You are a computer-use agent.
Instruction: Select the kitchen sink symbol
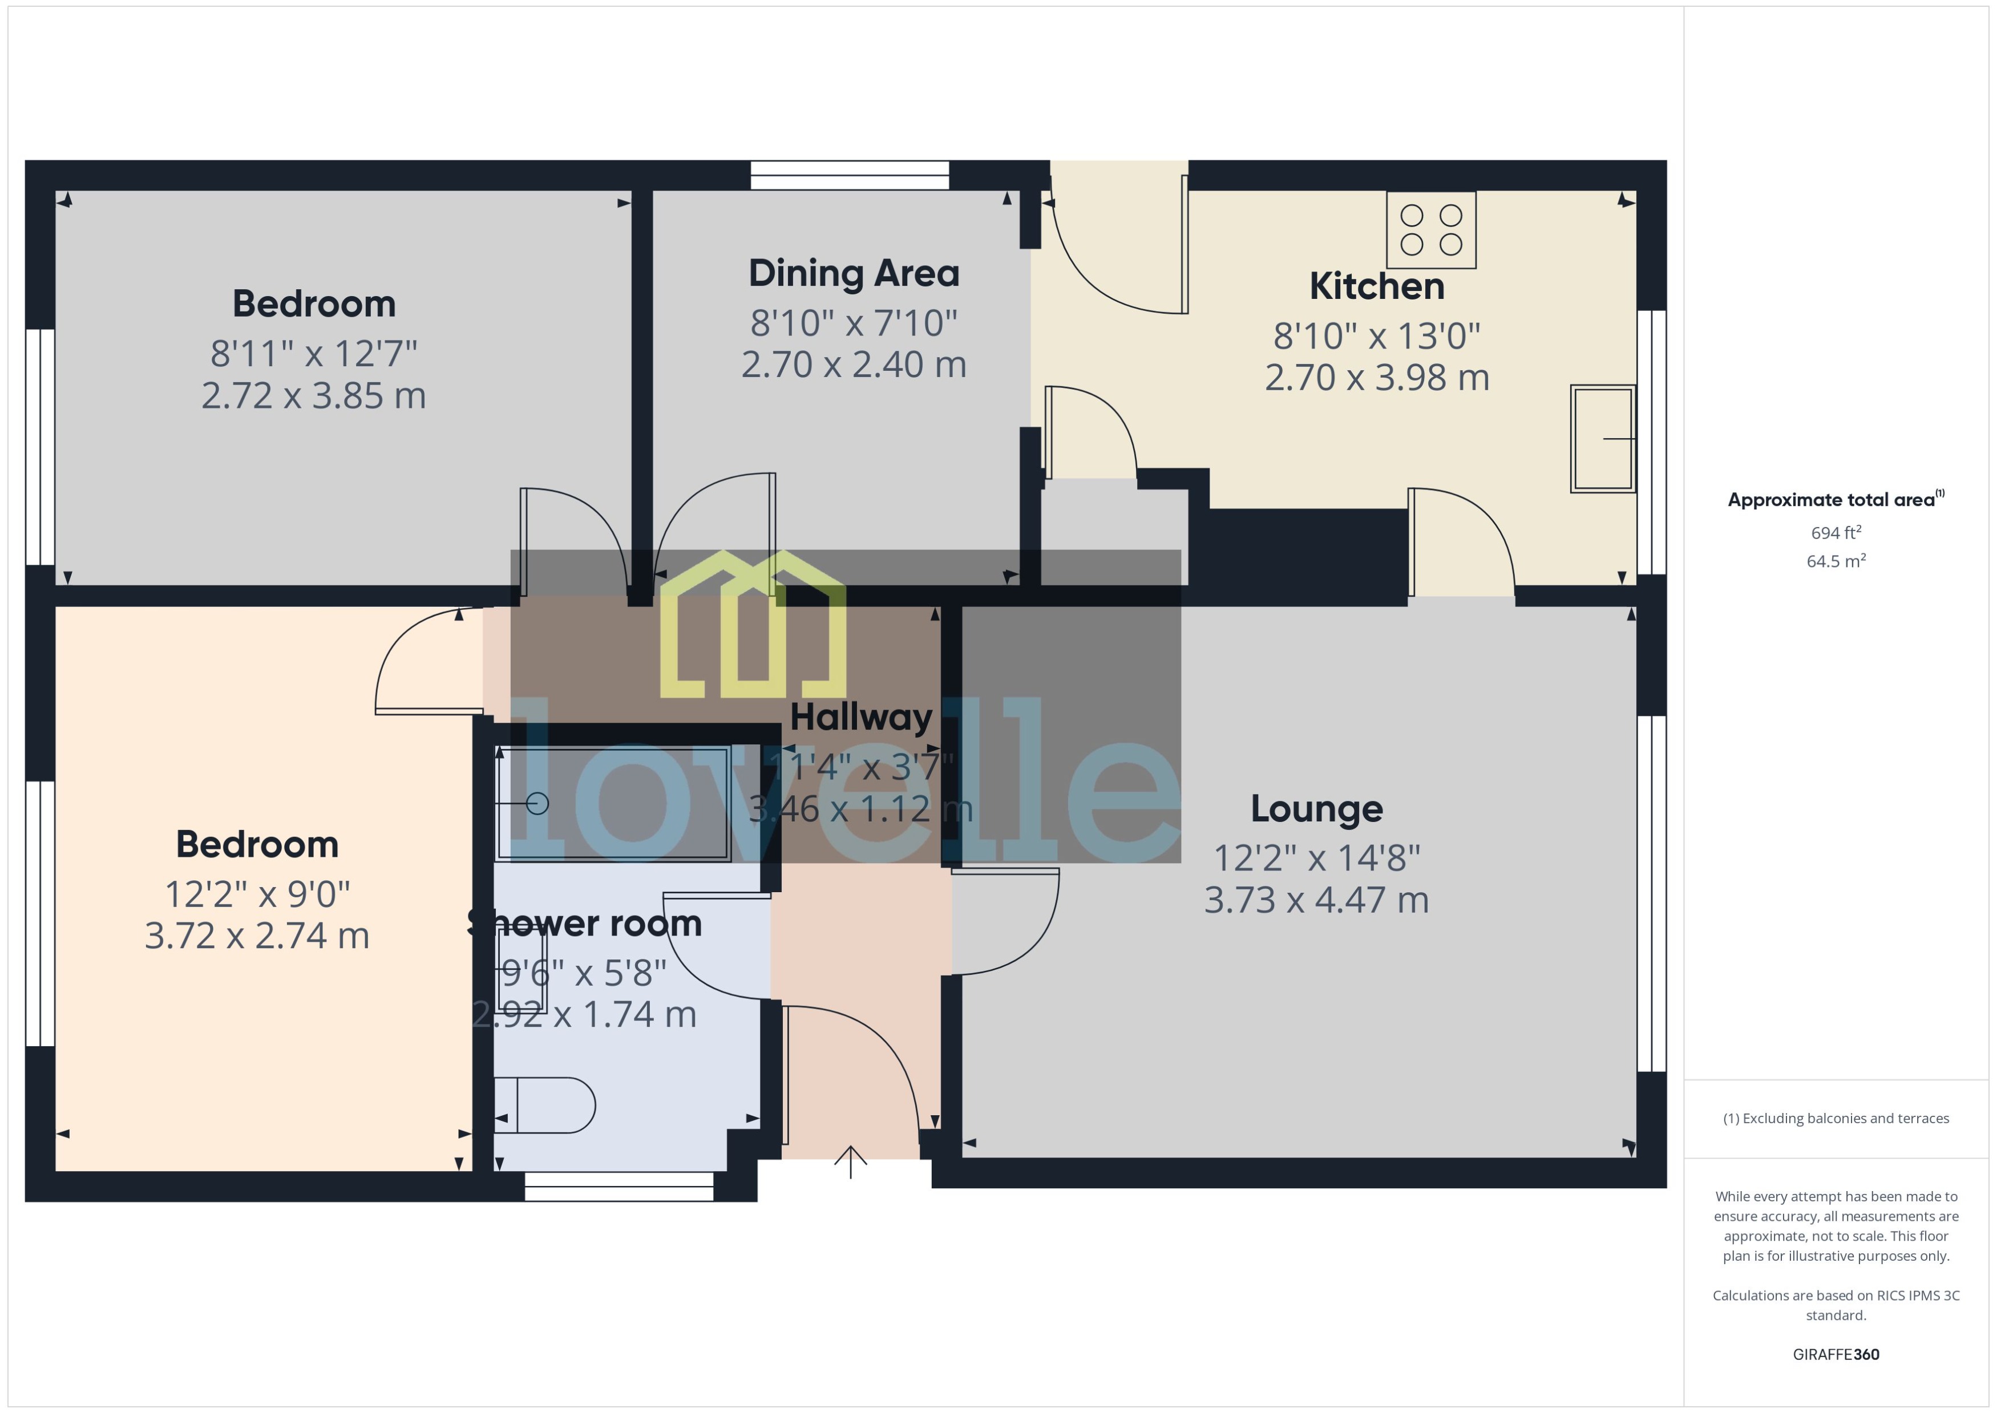(1602, 439)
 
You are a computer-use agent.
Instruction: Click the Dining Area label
(854, 273)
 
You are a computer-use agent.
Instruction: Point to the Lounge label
(1316, 808)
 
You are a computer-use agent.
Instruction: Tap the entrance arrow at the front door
(850, 1161)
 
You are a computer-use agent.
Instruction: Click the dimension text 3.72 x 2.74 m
(257, 936)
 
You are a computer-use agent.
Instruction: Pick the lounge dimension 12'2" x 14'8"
(1316, 858)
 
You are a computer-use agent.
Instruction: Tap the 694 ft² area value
(1835, 532)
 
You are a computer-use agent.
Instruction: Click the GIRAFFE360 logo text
(1835, 1354)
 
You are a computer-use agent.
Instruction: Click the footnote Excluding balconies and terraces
(1835, 1118)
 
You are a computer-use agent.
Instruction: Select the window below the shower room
(618, 1187)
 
